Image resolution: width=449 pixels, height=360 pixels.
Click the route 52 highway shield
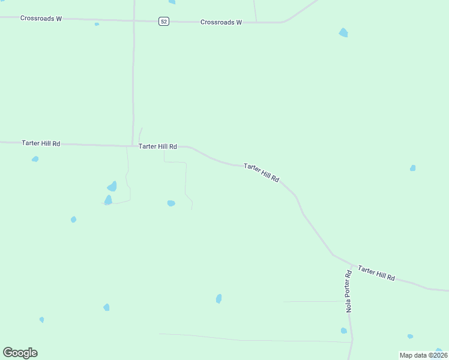164,22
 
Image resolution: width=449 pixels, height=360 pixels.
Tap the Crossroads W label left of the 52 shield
41,18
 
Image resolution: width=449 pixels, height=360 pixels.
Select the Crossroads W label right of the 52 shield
221,22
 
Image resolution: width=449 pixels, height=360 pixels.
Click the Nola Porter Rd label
348,291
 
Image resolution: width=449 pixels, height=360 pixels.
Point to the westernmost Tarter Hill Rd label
41,143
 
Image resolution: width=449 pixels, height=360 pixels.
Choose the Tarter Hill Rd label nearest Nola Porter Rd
376,273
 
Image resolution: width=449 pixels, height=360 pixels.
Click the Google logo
20,353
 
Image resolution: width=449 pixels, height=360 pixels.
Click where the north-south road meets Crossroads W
134,20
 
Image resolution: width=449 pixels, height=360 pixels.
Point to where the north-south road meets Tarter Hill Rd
133,145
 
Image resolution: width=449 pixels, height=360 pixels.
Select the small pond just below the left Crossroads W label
97,25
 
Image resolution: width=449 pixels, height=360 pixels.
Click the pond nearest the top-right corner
343,32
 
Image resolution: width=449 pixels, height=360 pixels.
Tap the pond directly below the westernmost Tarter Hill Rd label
35,159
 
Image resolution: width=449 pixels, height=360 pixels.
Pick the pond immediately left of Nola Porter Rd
343,331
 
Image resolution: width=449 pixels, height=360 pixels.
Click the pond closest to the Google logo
41,320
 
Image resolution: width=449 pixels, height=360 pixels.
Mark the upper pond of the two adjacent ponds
112,187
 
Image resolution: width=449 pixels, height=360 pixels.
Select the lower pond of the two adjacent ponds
108,200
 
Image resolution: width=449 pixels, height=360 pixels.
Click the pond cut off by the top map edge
172,2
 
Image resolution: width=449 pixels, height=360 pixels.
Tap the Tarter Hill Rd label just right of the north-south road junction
158,146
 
